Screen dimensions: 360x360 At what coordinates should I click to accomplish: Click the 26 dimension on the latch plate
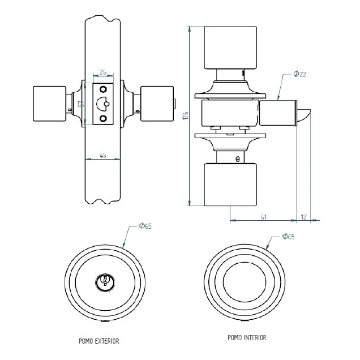[103, 72]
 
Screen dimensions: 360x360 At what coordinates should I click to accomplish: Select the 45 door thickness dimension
[102, 155]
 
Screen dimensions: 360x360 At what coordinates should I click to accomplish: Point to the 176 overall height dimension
[185, 116]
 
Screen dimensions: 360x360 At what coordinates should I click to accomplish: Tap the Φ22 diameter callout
[300, 74]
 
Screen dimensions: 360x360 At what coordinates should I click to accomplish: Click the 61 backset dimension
[264, 216]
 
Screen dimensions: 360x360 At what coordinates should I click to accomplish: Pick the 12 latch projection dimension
[304, 216]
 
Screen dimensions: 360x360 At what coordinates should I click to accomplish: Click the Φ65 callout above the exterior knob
[145, 226]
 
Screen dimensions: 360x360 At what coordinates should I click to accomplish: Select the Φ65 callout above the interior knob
[288, 237]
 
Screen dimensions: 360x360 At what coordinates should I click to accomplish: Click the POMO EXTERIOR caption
[99, 341]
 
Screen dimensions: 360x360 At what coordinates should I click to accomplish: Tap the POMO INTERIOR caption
[246, 337]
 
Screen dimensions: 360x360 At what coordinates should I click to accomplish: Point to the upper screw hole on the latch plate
[103, 89]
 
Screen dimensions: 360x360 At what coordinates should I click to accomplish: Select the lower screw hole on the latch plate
[103, 118]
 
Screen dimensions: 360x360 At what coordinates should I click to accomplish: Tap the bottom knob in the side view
[229, 185]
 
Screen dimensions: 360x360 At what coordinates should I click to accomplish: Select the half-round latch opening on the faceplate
[103, 104]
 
